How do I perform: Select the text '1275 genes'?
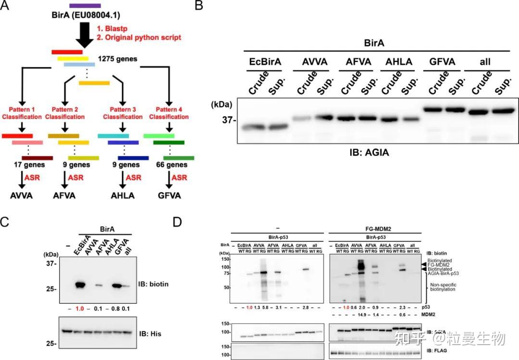pyautogui.click(x=117, y=59)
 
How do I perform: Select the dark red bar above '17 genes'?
pyautogui.click(x=37, y=157)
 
